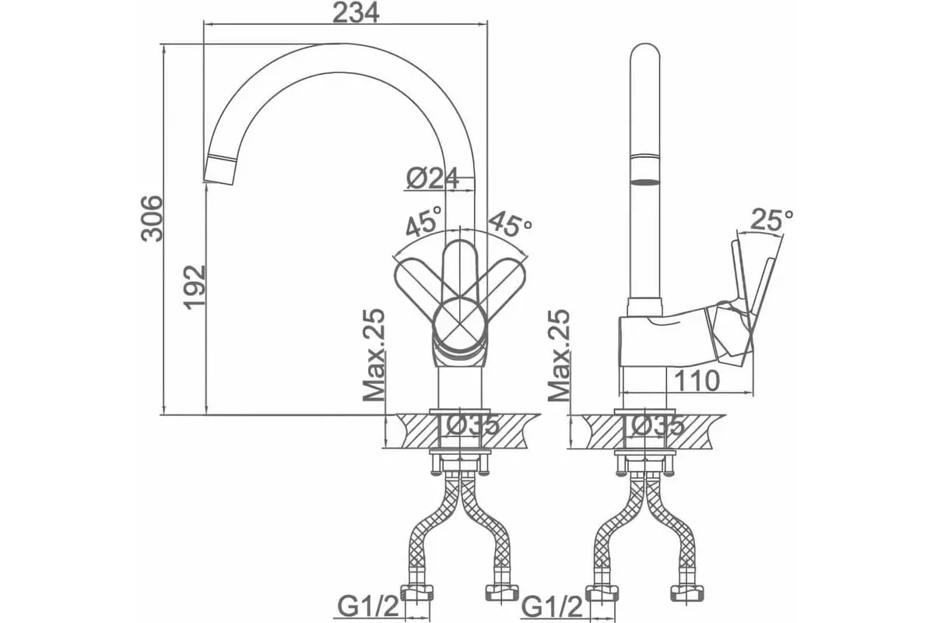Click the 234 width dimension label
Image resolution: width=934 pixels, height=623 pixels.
(356, 13)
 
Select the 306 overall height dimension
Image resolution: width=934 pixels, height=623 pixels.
(151, 218)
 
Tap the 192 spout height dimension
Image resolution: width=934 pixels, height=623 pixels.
(195, 287)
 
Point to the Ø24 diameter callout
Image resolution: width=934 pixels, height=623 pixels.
(432, 178)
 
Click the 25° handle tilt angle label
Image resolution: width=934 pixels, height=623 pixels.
(771, 220)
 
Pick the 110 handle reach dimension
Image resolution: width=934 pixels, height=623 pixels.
(697, 381)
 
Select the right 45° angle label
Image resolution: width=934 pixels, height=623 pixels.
(511, 225)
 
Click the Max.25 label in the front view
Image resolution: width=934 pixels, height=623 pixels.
(374, 355)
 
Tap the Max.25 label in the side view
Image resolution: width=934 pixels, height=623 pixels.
(558, 355)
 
